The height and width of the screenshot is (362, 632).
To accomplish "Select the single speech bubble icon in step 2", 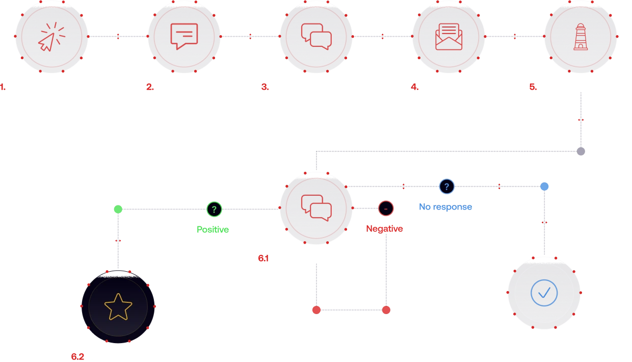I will coord(184,36).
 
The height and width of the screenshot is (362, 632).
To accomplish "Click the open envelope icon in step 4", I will coord(449,37).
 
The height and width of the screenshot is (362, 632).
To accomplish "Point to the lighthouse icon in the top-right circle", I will coord(581,37).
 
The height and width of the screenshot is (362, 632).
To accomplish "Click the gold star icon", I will coord(118,307).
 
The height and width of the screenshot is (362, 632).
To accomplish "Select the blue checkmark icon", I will coord(544,293).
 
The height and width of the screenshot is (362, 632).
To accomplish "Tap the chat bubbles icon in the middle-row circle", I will coord(316,208).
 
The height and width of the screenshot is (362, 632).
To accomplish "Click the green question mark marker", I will coord(214,209).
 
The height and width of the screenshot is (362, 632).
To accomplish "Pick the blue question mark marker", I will coord(446,187).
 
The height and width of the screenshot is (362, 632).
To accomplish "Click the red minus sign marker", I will coord(386,208).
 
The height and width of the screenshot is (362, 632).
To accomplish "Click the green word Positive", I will coord(213,230).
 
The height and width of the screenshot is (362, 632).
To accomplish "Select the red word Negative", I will coord(384,229).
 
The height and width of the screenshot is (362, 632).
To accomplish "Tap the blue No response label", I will coord(445,207).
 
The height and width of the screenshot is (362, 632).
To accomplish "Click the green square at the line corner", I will coord(118,209).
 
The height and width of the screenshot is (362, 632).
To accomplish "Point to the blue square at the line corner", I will coord(544,187).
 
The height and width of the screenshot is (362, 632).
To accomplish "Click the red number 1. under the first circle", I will coord(3,88).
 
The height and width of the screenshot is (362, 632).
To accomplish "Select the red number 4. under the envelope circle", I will coord(414,88).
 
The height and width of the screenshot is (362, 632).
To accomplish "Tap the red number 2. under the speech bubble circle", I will coord(149,88).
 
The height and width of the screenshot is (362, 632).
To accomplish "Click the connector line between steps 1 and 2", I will coord(118,37).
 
